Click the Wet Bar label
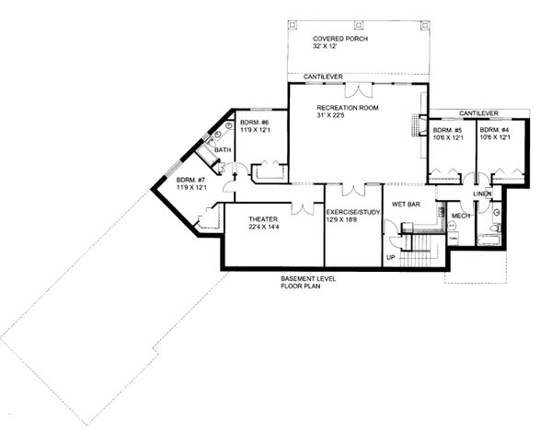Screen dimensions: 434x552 tap(406, 205)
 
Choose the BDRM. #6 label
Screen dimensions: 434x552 tap(253, 123)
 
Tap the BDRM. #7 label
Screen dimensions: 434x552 tap(191, 180)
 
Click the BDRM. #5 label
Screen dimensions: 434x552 tap(447, 131)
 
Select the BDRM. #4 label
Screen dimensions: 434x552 tap(494, 131)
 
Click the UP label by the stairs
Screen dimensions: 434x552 tap(390, 257)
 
